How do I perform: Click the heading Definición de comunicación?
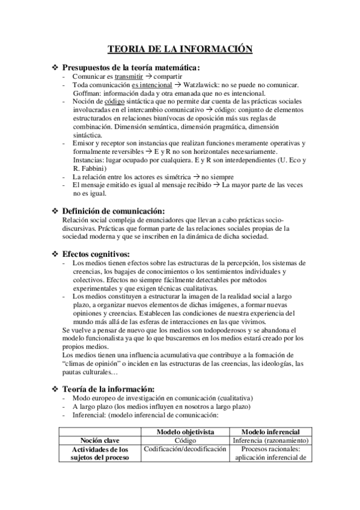pyautogui.click(x=121, y=211)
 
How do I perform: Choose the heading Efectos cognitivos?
pyautogui.click(x=96, y=254)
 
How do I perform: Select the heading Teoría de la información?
pyautogui.click(x=114, y=389)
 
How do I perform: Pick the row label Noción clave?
pyautogui.click(x=99, y=440)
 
